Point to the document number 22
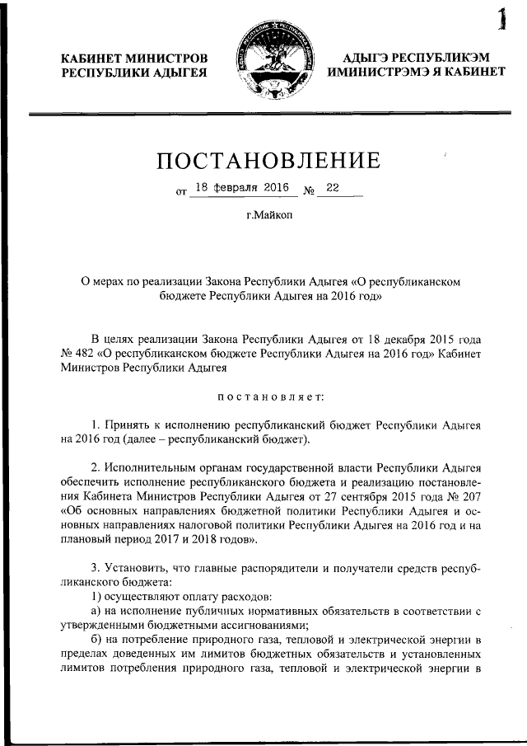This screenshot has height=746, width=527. [x=333, y=188]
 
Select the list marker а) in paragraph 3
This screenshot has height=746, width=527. [x=96, y=610]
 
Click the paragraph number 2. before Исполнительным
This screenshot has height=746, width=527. [x=96, y=467]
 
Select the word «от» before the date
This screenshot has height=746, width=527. [x=181, y=194]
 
